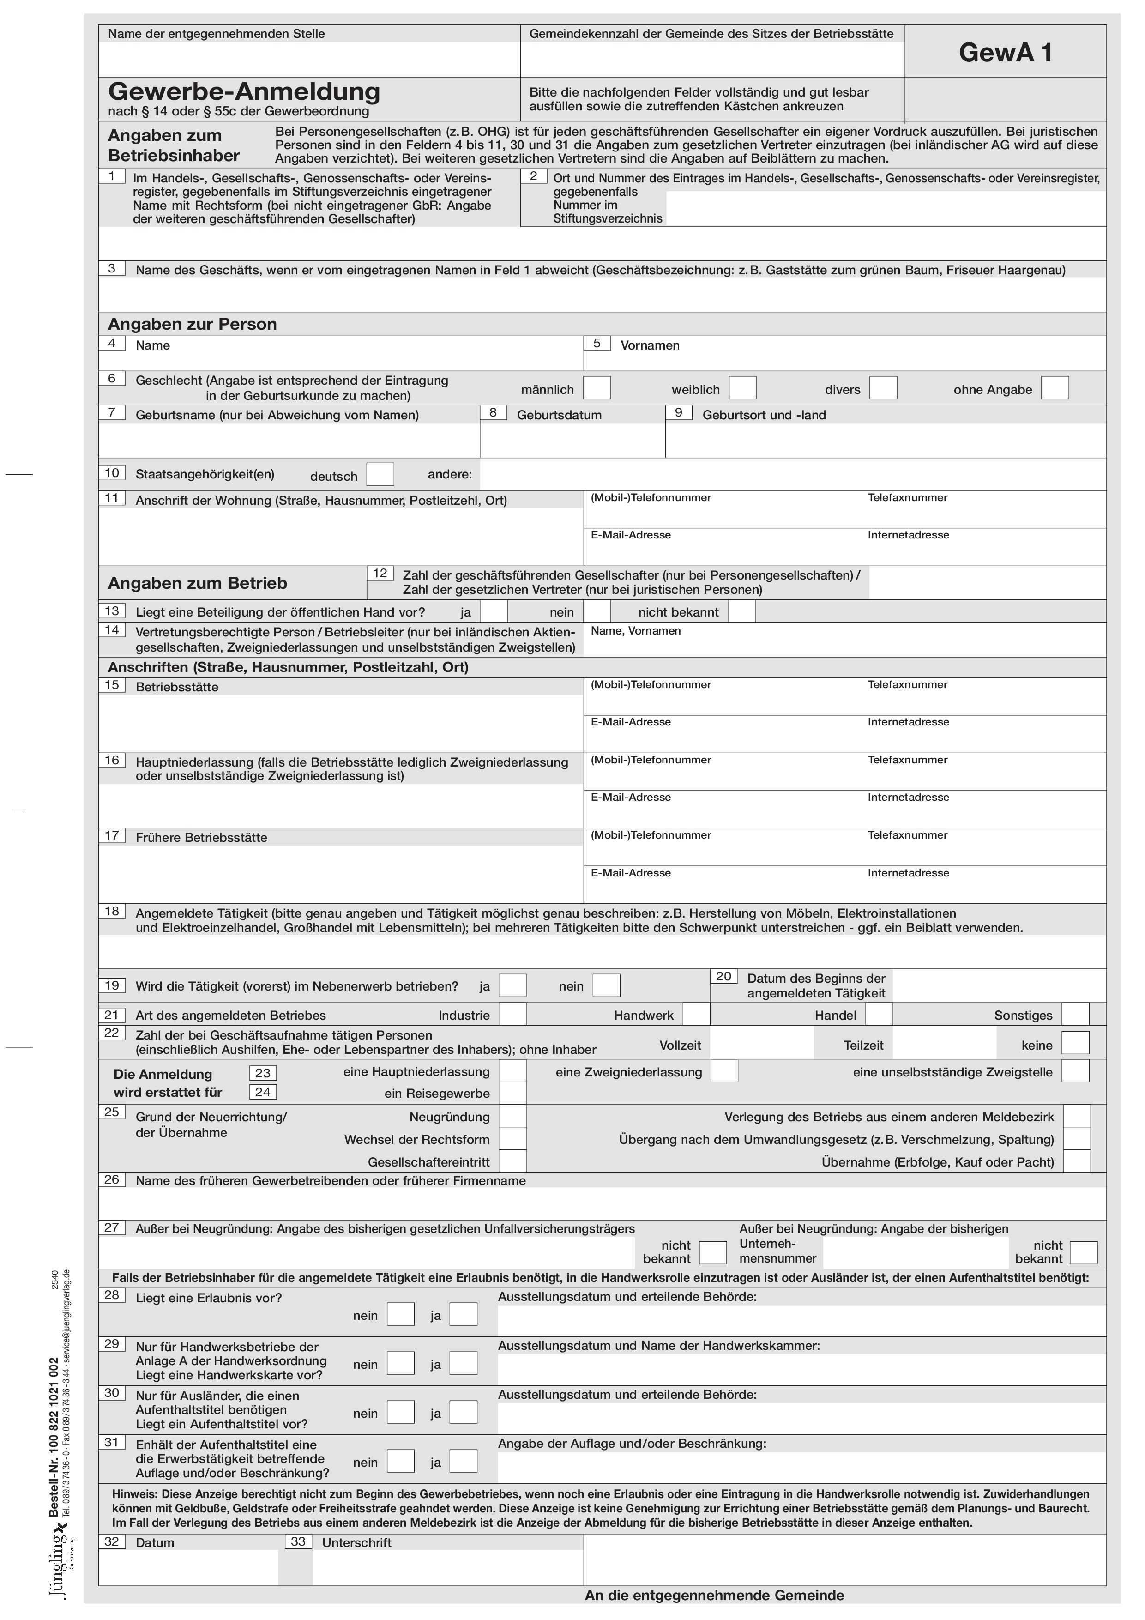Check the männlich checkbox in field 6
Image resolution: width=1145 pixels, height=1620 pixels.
click(597, 388)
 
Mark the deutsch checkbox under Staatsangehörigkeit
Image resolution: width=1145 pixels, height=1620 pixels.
click(380, 474)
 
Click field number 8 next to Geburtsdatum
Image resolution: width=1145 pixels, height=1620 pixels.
click(493, 413)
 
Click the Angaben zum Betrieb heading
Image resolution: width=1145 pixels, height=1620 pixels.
click(198, 584)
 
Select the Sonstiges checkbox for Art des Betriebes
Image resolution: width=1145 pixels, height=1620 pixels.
click(1075, 1015)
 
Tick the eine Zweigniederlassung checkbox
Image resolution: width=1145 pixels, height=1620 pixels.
click(724, 1072)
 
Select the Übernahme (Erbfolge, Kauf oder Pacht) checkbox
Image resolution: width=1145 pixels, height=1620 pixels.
click(1077, 1161)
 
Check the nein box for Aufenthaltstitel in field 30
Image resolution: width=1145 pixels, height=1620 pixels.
click(401, 1413)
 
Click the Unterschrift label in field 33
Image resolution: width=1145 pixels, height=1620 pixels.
click(356, 1542)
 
